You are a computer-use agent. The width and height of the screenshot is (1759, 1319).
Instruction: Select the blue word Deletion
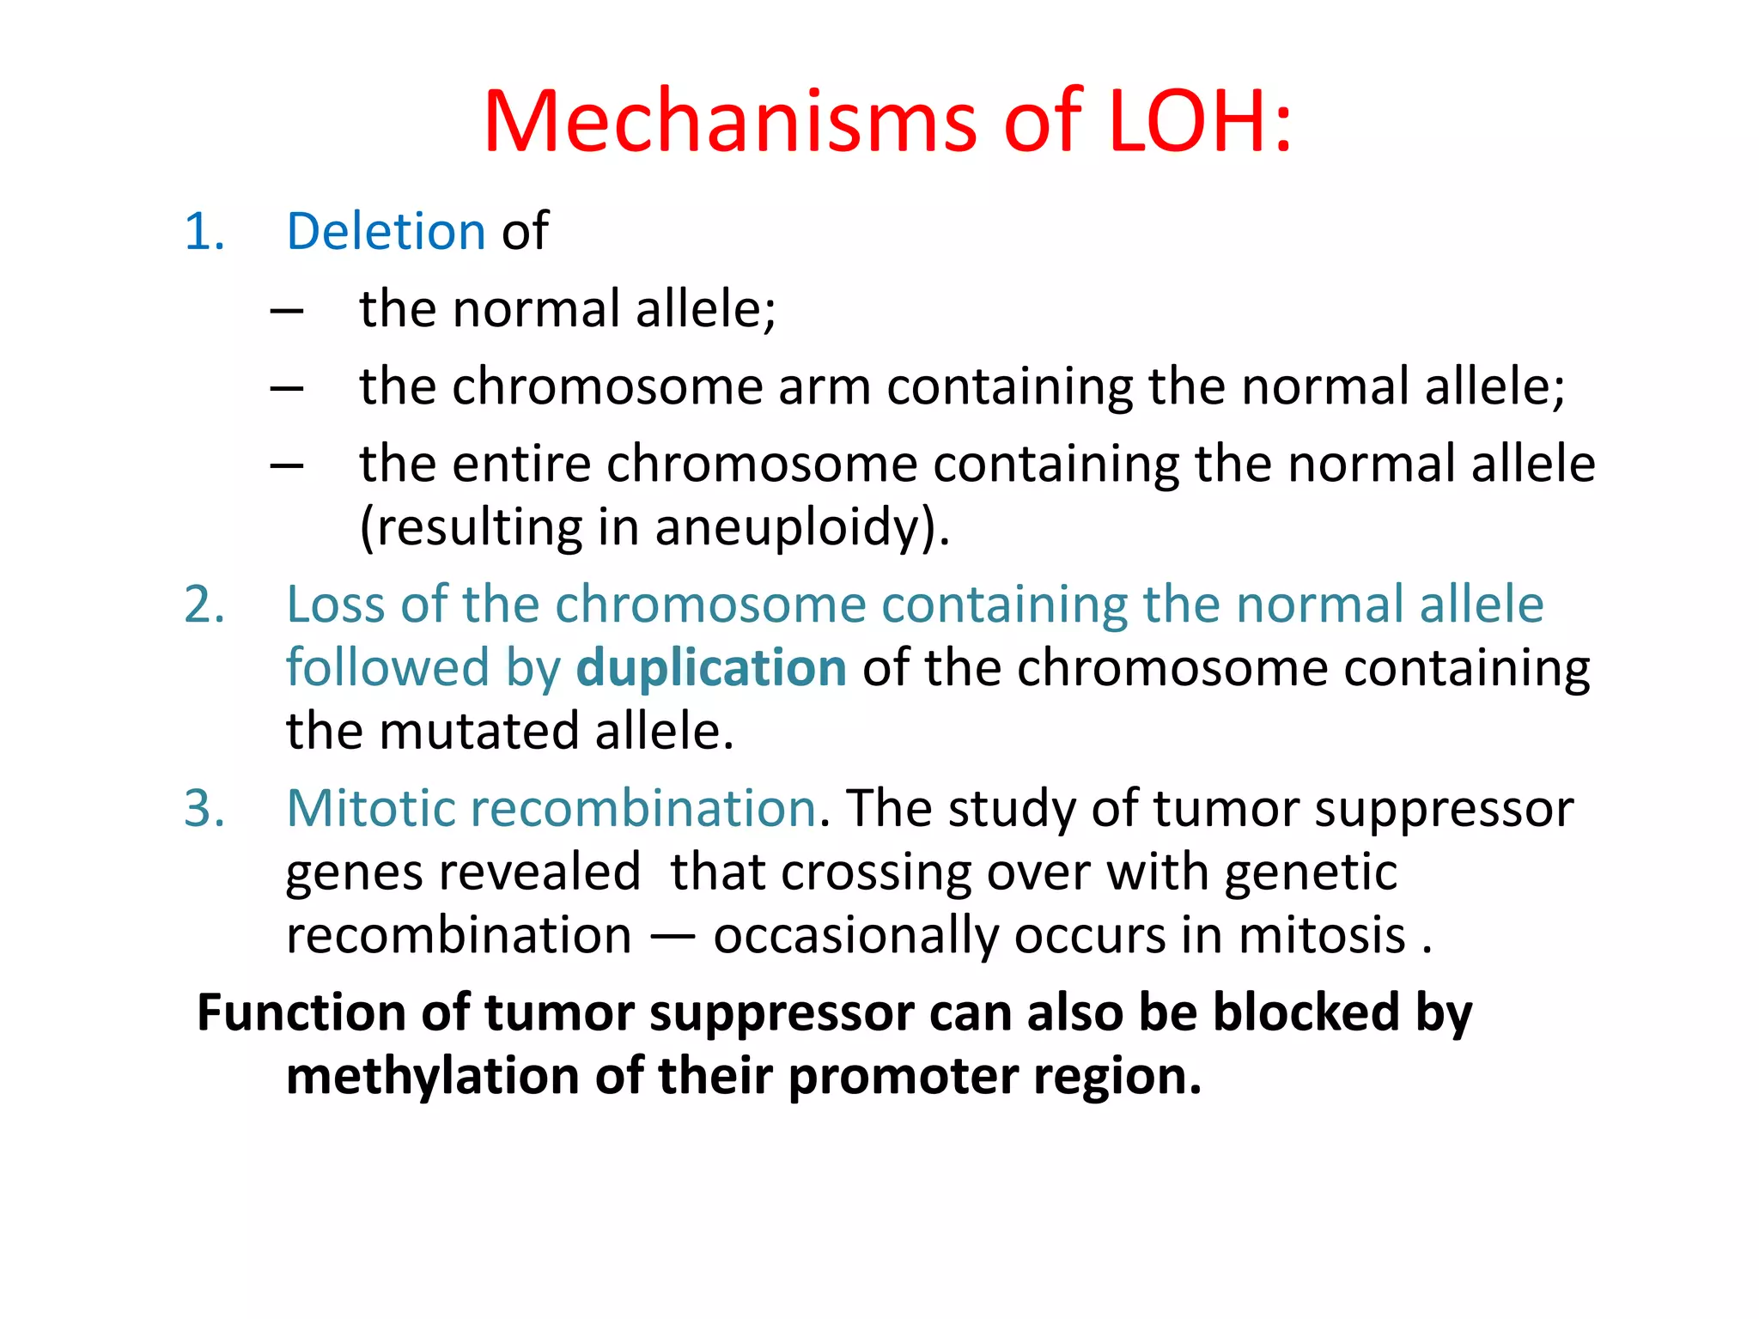coord(386,232)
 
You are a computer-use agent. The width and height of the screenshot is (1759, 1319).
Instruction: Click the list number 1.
coord(204,232)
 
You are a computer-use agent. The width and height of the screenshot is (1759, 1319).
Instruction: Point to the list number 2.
coord(204,605)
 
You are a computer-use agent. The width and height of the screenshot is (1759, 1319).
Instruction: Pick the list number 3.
coord(204,808)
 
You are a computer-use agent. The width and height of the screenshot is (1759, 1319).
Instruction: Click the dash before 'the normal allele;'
coord(286,311)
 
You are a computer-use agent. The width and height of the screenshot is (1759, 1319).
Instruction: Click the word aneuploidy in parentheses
coord(787,527)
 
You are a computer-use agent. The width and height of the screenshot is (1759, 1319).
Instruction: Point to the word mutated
coord(478,732)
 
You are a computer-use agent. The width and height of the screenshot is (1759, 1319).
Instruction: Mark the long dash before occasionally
coord(672,936)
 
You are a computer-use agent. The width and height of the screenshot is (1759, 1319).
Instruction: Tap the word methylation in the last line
coord(433,1076)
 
